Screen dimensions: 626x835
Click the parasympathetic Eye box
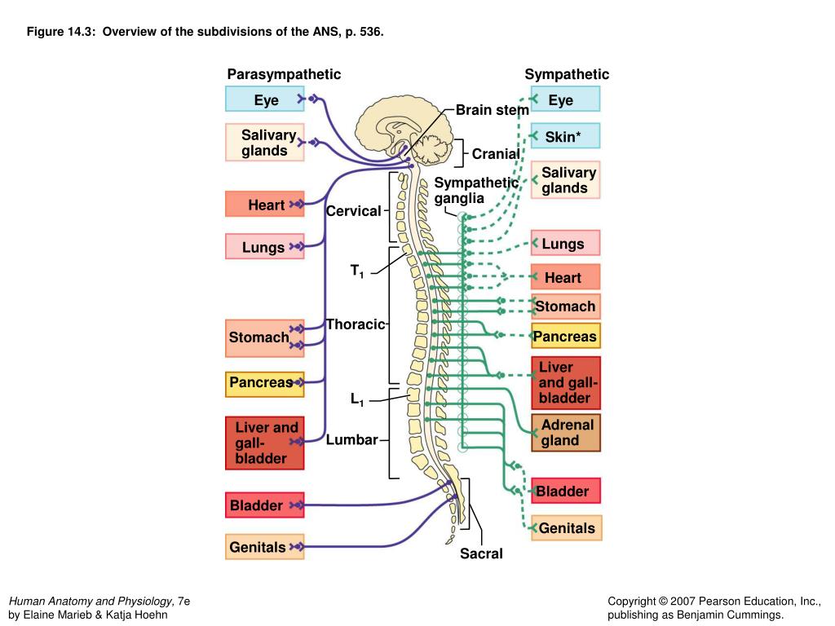coord(266,99)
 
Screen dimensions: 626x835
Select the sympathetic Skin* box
coord(564,136)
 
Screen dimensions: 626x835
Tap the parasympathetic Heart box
coord(265,205)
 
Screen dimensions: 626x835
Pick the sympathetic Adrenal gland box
coord(566,433)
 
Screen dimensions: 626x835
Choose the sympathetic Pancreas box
coord(565,336)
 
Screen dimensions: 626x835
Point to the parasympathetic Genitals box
coord(263,547)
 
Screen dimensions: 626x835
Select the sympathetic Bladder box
coord(565,491)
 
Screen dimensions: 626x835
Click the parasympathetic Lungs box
coord(264,247)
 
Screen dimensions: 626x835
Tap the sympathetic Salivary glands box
coord(565,180)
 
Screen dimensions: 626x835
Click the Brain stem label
coord(492,109)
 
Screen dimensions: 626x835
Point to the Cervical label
coord(353,211)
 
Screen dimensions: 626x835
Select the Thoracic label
coord(355,324)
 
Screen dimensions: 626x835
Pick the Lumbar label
coord(351,440)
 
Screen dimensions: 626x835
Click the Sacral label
coord(480,554)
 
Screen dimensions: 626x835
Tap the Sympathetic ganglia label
coord(475,190)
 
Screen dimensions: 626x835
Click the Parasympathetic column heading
coord(284,74)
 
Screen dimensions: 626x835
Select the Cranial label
coord(495,154)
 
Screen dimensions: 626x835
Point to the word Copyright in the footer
coord(635,601)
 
